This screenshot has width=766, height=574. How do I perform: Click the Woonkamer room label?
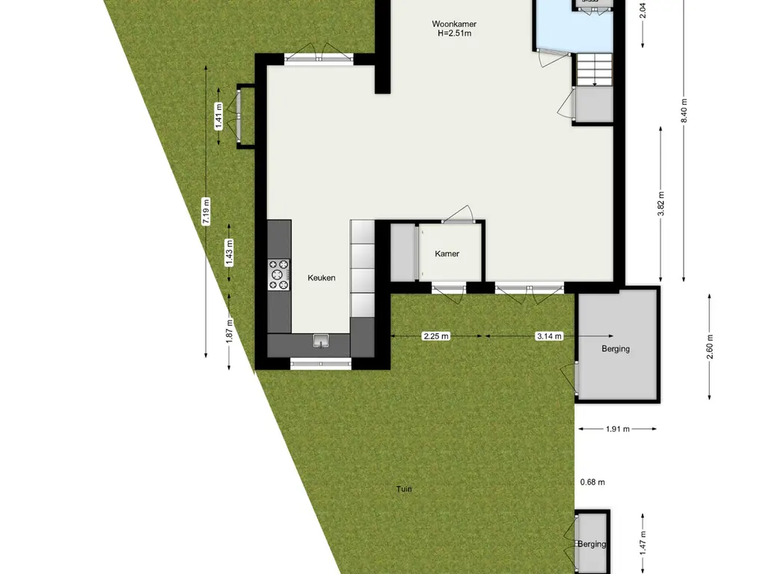tap(454, 24)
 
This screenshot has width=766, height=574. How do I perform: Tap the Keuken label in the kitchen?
tap(322, 277)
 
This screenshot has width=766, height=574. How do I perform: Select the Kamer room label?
tap(447, 253)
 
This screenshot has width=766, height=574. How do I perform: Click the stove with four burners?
tap(279, 274)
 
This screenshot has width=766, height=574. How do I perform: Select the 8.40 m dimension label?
tap(683, 113)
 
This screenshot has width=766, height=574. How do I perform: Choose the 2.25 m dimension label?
tap(436, 336)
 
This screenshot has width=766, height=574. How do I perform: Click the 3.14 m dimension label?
tap(549, 336)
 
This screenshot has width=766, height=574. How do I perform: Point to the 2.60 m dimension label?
tap(710, 346)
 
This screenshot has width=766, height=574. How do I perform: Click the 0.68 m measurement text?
tap(592, 482)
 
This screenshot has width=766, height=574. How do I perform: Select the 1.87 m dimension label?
tap(230, 330)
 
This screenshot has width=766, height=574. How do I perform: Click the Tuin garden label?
tap(404, 490)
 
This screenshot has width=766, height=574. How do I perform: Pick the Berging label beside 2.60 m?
tap(616, 348)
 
